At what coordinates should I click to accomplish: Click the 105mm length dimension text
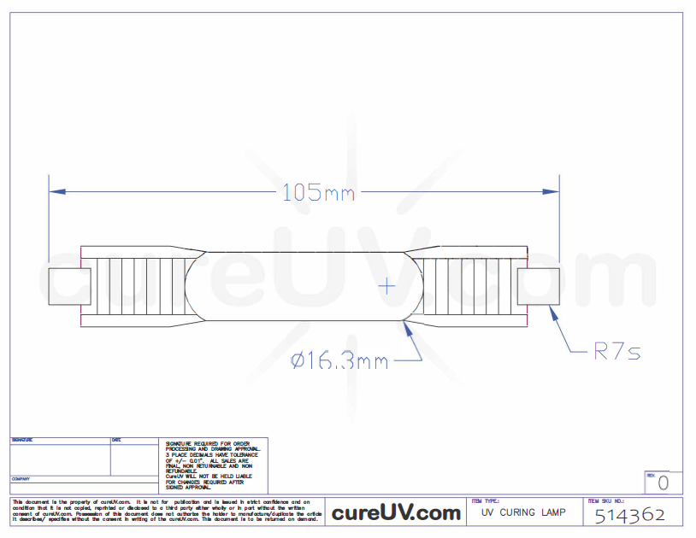click(x=318, y=193)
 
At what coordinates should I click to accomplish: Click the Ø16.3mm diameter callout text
click(x=339, y=361)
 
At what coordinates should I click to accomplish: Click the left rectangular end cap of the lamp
click(x=69, y=287)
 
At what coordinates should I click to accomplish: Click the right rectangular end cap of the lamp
click(x=539, y=286)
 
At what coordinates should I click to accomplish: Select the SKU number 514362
click(x=629, y=516)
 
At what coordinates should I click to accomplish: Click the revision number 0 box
click(x=663, y=483)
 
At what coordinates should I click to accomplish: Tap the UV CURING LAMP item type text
click(x=522, y=512)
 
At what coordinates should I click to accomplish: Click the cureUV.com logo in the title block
click(x=396, y=512)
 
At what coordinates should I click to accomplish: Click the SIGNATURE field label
click(x=22, y=441)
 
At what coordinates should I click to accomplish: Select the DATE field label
click(x=116, y=441)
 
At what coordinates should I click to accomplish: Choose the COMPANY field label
click(x=21, y=479)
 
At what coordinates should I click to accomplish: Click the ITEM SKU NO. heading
click(x=606, y=501)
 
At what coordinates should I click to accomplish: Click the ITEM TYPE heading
click(x=485, y=501)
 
